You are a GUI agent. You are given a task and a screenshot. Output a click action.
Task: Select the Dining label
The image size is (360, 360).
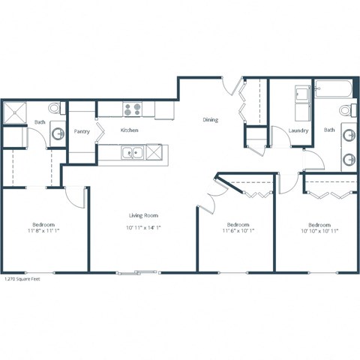coord(211,120)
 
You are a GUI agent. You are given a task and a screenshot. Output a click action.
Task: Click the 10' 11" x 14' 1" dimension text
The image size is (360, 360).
coord(142,226)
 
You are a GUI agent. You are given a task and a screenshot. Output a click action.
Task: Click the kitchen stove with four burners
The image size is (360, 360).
coord(133,110)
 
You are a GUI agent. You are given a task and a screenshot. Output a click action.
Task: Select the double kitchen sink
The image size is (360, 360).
coord(133,154)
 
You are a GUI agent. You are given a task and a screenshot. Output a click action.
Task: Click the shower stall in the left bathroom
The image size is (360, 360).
coord(16,113)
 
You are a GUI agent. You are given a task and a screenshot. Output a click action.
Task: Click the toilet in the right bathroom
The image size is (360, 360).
coord(346,111)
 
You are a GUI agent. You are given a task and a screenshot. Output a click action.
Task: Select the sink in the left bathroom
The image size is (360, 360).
coord(57,134)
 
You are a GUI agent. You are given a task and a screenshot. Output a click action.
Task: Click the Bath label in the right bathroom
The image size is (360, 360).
coord(329,130)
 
